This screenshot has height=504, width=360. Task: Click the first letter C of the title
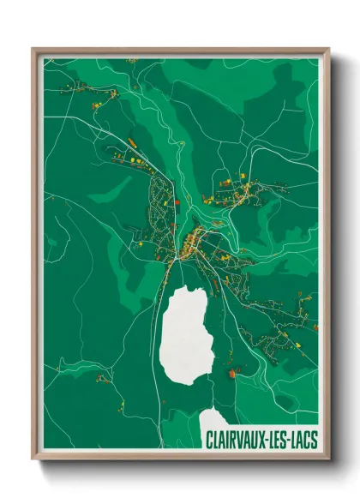click(209, 441)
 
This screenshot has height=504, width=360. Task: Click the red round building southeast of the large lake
click(231, 374)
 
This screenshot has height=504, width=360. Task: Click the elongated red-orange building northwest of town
click(132, 141)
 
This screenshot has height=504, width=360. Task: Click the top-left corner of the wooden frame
click(33, 49)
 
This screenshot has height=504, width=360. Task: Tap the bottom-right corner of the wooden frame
click(329, 459)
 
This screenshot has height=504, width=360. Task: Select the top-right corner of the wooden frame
click(329, 49)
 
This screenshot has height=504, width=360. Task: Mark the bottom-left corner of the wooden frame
click(33, 459)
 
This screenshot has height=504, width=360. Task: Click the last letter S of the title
click(313, 441)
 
